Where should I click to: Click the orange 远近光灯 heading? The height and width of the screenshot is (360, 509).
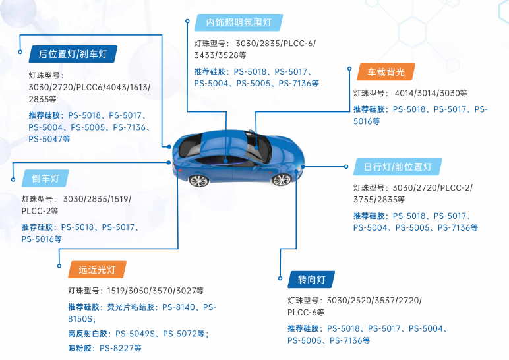pos(97,269)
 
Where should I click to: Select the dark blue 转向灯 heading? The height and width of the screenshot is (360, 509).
pos(311,280)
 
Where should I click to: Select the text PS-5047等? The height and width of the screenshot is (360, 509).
pos(49,139)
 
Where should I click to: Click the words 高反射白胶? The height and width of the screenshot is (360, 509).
pos(88,334)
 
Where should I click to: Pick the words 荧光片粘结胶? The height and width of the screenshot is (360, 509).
pos(131,307)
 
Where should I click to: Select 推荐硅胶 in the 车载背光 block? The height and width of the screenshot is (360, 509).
pos(370,109)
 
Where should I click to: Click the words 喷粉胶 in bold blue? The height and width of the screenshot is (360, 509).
pos(81,348)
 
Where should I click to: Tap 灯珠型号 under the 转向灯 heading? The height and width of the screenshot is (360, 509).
pos(304,301)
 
